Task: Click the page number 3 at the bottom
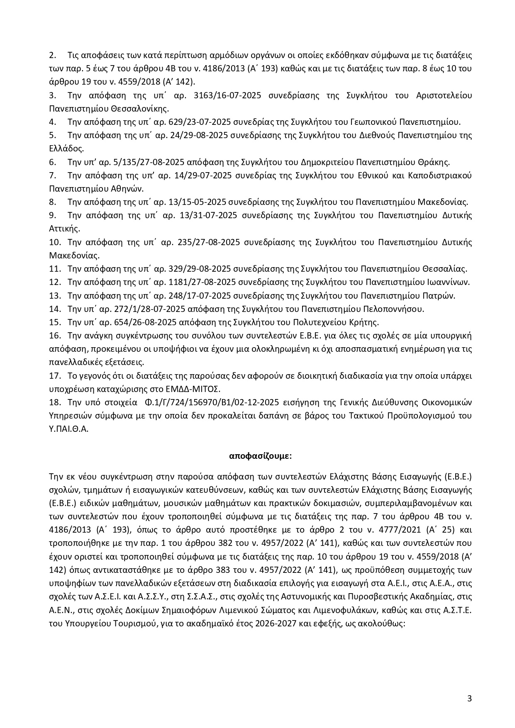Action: (x=469, y=699)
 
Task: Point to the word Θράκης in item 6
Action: (x=436, y=162)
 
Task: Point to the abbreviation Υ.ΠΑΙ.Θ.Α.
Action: (x=69, y=429)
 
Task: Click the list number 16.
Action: (x=55, y=336)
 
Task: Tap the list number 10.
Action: (x=55, y=242)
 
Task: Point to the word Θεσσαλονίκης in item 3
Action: (x=140, y=109)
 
